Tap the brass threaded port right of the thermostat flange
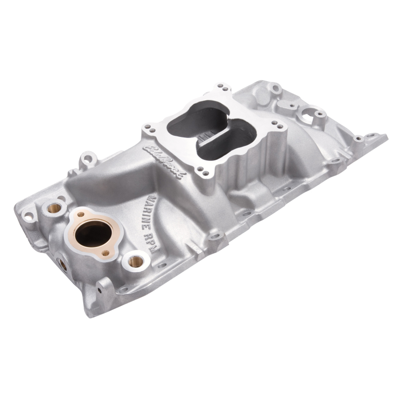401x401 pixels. (135, 260)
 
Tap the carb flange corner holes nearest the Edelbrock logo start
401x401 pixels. (150, 129)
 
